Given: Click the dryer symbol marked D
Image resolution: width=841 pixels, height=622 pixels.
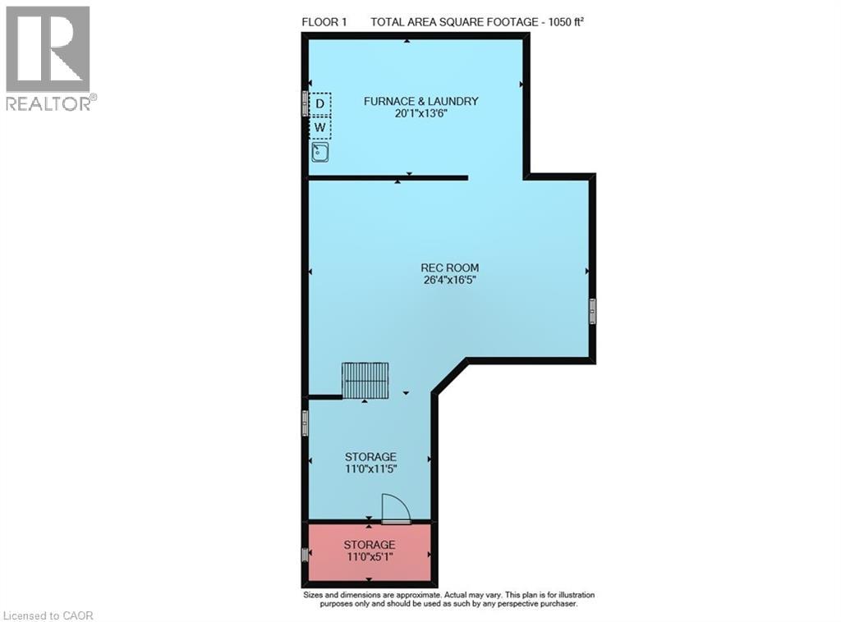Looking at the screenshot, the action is (x=320, y=104).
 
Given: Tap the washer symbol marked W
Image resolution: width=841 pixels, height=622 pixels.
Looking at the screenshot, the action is (x=320, y=127).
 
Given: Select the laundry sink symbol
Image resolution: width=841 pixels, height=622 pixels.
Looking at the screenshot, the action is (x=320, y=152).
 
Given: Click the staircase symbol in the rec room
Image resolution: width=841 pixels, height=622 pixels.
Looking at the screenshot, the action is (x=365, y=381).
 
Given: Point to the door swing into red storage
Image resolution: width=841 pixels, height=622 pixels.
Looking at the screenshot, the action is (x=395, y=508).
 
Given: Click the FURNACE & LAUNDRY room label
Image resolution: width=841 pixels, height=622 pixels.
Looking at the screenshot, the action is (x=421, y=101).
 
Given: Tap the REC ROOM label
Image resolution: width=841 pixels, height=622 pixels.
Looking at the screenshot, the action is (x=449, y=268).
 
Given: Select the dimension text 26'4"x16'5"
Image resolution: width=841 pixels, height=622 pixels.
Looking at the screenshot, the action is (x=449, y=280).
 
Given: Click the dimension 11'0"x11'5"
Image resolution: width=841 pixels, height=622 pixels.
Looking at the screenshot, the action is (x=370, y=469).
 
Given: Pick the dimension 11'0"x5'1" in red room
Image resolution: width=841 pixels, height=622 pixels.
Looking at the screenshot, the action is (x=370, y=557).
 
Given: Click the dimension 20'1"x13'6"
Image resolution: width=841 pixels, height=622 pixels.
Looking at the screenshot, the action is (x=421, y=113).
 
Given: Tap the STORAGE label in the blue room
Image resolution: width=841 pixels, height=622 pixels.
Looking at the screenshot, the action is (x=370, y=457).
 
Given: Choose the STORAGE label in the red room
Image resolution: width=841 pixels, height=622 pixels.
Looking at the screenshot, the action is (x=370, y=545).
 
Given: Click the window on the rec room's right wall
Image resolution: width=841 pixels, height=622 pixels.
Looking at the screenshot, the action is (x=593, y=311).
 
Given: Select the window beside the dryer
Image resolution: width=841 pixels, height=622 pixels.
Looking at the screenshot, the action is (x=305, y=103).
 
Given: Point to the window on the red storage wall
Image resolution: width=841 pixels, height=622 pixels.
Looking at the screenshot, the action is (x=305, y=555).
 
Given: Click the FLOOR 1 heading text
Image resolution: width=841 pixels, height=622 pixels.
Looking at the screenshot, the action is (x=324, y=22).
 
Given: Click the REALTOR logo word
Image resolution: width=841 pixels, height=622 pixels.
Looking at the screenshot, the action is (x=48, y=103).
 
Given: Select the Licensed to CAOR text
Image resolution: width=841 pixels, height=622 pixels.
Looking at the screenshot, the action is (x=47, y=616).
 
